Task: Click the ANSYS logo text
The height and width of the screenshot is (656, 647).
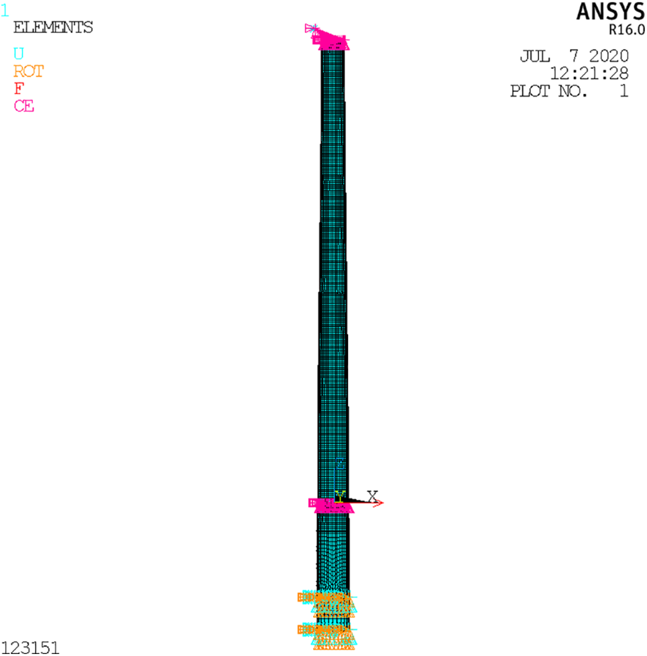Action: point(610,11)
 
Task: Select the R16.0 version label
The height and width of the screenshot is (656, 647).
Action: point(626,30)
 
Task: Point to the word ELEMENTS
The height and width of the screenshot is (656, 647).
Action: point(53,28)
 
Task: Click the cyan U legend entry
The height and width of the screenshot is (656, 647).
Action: point(19,54)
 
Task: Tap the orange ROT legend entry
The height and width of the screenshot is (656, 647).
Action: point(28,71)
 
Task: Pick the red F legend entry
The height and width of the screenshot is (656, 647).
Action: point(19,89)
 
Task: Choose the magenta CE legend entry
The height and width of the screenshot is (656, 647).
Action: point(24,106)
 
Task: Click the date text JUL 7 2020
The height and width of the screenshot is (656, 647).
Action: point(574,56)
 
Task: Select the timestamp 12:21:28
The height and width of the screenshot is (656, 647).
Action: point(589,74)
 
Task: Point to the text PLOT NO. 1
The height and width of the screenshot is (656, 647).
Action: point(569,91)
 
